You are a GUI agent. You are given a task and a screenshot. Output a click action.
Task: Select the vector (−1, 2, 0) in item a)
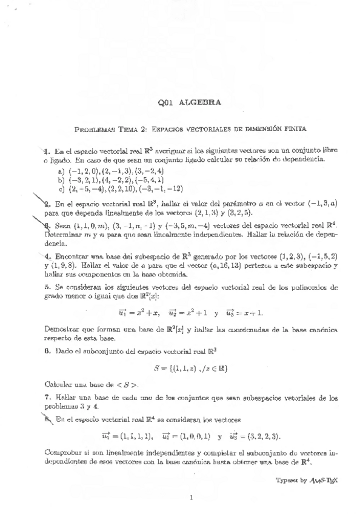click(x=83, y=172)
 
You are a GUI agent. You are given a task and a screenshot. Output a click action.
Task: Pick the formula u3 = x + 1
click(x=250, y=312)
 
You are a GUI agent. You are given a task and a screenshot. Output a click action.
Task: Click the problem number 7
click(x=47, y=396)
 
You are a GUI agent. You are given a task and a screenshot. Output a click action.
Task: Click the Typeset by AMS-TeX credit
click(x=304, y=479)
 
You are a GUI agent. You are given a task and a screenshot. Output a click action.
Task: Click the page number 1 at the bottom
click(x=191, y=498)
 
